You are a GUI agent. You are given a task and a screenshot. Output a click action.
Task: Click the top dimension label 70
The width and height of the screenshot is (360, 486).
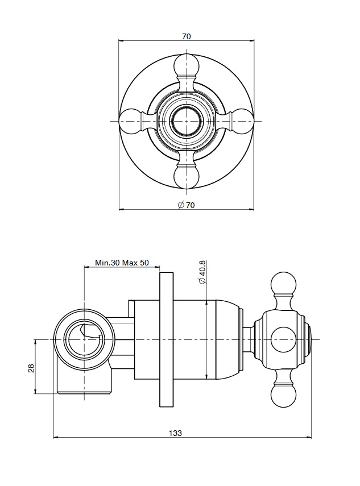tap(187, 36)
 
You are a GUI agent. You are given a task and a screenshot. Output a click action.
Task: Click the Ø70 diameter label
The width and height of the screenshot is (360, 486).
tap(186, 205)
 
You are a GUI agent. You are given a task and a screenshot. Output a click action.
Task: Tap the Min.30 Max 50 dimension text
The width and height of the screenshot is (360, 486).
tap(122, 263)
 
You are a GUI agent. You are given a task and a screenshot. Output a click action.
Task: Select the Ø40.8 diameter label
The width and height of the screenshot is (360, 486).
tap(202, 272)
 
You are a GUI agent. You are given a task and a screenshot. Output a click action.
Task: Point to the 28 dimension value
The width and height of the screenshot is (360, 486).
tap(31, 368)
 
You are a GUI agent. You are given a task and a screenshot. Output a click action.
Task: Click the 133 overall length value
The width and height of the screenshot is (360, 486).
tap(176, 433)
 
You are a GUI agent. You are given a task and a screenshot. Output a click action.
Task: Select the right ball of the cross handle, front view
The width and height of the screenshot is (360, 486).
tap(242, 121)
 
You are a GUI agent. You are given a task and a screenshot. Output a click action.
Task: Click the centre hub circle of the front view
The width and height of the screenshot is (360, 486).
tap(187, 121)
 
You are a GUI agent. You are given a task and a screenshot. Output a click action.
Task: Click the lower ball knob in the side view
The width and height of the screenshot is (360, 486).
tap(283, 396)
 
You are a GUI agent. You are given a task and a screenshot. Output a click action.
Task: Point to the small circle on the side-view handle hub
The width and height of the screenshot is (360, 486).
tap(283, 340)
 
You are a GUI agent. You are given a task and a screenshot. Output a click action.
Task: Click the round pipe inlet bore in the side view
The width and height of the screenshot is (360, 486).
tap(84, 340)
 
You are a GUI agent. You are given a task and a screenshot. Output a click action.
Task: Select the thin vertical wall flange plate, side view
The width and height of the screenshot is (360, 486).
tap(166, 340)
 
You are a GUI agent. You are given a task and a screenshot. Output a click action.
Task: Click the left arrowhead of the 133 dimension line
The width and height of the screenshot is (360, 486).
tap(56, 437)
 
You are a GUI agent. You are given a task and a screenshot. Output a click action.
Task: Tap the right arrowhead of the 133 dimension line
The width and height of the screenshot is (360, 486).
tap(309, 437)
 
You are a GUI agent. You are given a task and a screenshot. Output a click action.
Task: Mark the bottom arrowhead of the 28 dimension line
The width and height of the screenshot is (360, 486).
tap(35, 391)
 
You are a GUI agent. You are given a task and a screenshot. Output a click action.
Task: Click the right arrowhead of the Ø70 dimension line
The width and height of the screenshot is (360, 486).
tap(251, 210)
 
